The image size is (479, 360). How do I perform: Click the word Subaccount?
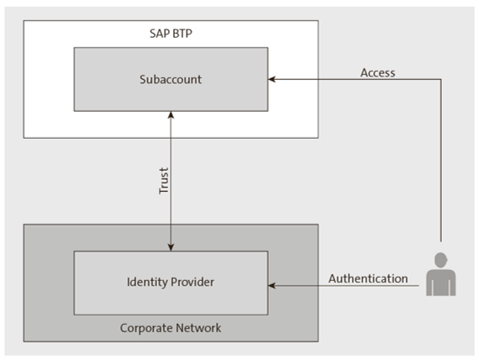click(171, 79)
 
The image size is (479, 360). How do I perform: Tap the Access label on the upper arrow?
click(377, 72)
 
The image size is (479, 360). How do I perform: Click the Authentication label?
click(368, 278)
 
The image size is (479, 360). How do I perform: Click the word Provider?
click(192, 282)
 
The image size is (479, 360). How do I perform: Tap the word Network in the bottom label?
click(197, 328)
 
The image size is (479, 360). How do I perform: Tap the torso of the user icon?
click(440, 282)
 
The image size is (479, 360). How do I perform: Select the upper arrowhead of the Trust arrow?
click(171, 116)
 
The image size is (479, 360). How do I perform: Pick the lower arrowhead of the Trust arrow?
click(171, 246)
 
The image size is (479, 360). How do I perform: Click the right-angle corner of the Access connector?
click(440, 80)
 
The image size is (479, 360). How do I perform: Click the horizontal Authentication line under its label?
click(353, 286)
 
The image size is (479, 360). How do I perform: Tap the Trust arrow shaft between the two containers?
click(171, 202)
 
